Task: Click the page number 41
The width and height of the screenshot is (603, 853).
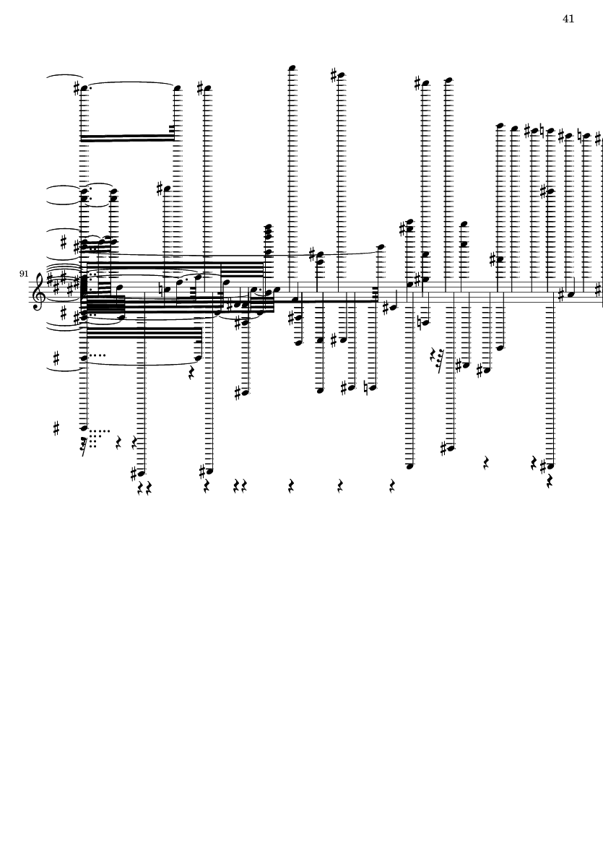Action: (568, 19)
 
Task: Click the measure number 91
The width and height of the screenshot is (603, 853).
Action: (23, 273)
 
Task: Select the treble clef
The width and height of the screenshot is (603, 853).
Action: (38, 292)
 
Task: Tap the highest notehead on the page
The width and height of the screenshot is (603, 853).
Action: (292, 68)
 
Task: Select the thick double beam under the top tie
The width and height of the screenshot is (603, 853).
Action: (128, 138)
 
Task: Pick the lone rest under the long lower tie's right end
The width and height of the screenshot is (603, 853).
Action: (191, 373)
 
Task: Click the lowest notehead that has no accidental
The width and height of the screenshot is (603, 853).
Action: (410, 466)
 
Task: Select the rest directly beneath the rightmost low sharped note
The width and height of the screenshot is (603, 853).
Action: (549, 482)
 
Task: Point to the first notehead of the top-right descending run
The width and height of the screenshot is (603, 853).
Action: (500, 126)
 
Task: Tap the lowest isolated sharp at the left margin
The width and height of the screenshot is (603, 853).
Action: (56, 429)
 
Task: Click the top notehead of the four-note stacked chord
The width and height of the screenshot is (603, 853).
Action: (269, 226)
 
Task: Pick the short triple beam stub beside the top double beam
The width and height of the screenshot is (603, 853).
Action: (172, 129)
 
